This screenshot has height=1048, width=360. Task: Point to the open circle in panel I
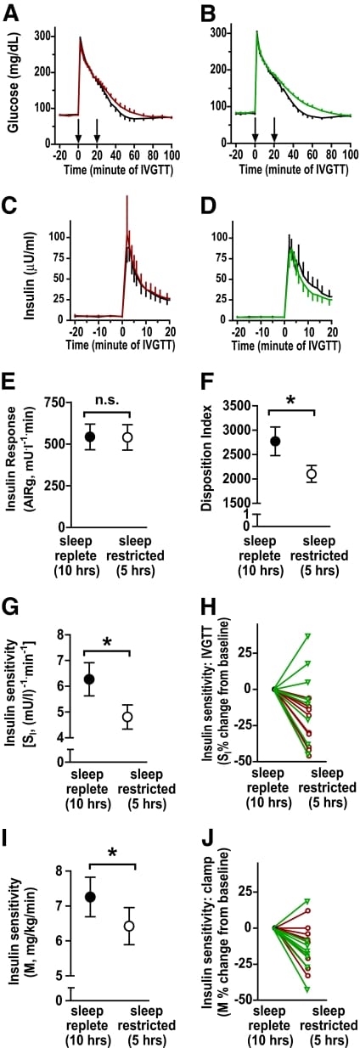point(129,926)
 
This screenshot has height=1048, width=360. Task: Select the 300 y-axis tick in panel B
point(219,32)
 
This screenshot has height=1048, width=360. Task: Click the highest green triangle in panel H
point(308,635)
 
